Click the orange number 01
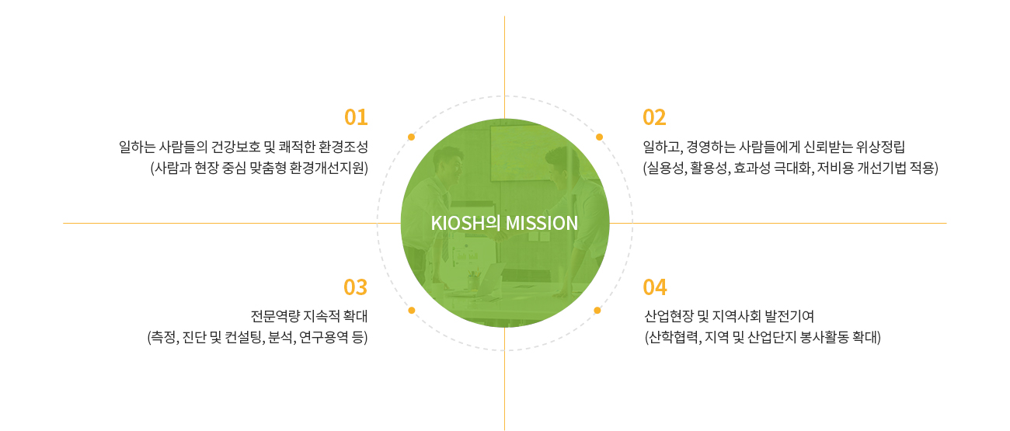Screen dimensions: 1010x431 pyautogui.click(x=356, y=117)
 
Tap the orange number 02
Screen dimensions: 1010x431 pyautogui.click(x=654, y=117)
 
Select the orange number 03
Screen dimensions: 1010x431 pyautogui.click(x=355, y=287)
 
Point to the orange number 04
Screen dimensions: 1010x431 pyautogui.click(x=655, y=287)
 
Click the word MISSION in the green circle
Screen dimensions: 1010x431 pyautogui.click(x=542, y=223)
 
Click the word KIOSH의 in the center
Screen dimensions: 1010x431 pyautogui.click(x=466, y=223)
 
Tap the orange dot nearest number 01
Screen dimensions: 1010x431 pyautogui.click(x=411, y=137)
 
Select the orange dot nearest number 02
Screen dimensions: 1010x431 pyautogui.click(x=599, y=137)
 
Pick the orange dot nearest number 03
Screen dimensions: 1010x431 pyautogui.click(x=411, y=310)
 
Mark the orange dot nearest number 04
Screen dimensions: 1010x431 pyautogui.click(x=597, y=310)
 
